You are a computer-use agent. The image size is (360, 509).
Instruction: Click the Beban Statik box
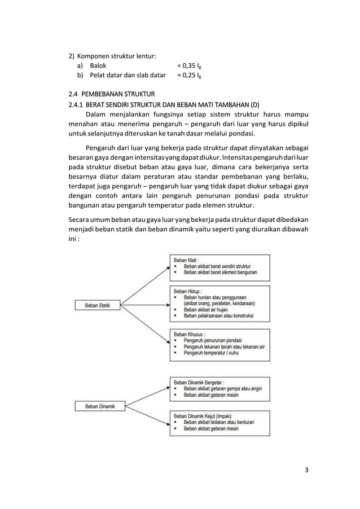[98, 305]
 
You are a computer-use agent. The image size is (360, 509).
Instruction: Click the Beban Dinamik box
[99, 405]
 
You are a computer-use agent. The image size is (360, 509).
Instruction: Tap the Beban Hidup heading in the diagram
[188, 289]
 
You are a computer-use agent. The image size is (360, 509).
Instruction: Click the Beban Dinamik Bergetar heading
[201, 381]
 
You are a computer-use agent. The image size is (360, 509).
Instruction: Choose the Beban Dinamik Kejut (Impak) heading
[205, 414]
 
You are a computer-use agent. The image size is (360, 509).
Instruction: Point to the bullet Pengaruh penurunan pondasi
[216, 340]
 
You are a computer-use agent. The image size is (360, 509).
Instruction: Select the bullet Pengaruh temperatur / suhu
[214, 353]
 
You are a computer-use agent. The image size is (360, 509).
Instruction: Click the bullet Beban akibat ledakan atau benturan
[221, 422]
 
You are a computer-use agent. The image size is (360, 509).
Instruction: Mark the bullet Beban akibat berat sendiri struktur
[217, 265]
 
